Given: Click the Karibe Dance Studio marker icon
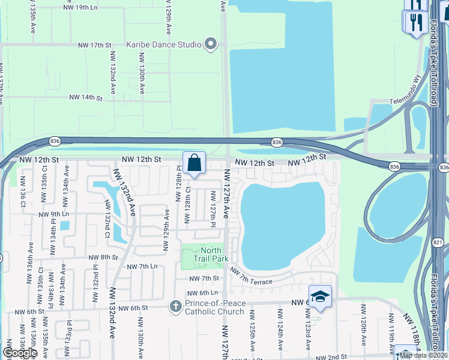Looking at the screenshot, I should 210,44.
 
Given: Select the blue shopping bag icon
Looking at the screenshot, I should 194,163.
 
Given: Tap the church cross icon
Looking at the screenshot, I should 176,307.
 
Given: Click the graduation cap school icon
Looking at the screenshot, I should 320,296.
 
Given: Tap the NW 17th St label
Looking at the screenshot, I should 95,45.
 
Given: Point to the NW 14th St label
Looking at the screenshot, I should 82,97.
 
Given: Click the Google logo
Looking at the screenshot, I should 19,353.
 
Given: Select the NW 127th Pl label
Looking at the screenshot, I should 213,206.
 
